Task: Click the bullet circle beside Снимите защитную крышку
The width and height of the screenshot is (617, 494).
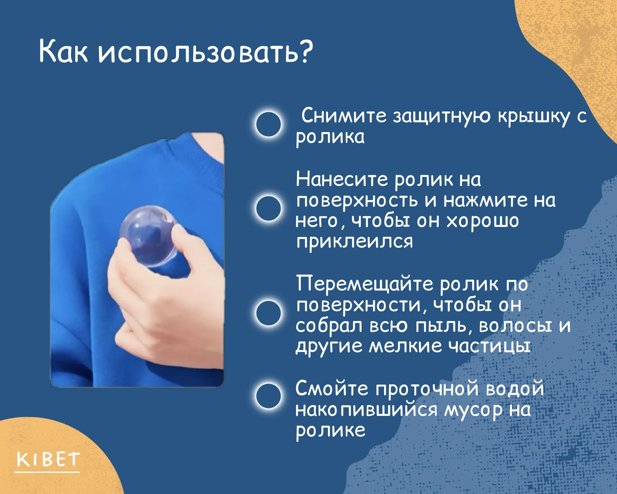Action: (x=268, y=124)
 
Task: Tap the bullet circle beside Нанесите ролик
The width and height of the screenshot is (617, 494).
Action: (x=268, y=208)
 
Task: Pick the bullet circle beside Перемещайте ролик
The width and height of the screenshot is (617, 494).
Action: (x=268, y=313)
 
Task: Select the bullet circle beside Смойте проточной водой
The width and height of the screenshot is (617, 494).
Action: (x=268, y=396)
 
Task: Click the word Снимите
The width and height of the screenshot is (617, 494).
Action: (x=344, y=116)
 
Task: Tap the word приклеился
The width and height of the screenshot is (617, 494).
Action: (x=354, y=242)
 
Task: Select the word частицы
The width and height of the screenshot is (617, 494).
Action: (x=489, y=347)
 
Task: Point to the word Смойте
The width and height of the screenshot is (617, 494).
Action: (x=332, y=388)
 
